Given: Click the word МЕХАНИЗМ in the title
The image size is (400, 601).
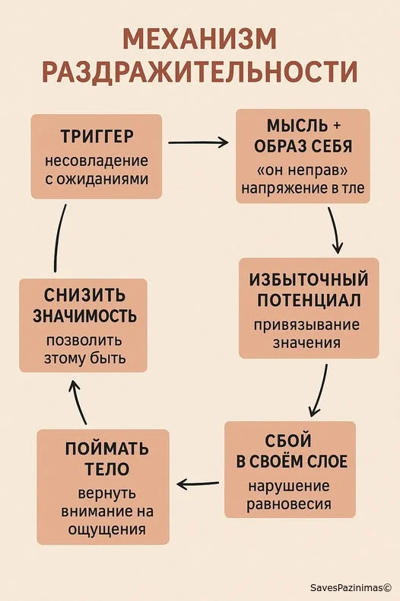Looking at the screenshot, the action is click(x=199, y=39).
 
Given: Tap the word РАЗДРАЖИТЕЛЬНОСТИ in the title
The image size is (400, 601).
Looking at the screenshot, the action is click(x=199, y=72).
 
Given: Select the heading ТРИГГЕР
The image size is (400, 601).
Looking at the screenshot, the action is click(x=97, y=136).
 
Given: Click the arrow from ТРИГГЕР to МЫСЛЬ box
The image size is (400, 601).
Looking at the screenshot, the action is click(x=198, y=142).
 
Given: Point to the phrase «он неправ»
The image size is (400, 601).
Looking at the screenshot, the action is click(x=303, y=170).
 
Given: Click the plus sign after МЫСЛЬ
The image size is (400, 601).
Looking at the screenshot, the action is click(x=337, y=126).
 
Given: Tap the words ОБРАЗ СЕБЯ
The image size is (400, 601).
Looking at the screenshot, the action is click(x=303, y=146).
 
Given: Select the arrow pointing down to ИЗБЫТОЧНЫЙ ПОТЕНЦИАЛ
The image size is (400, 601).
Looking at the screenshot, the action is click(x=334, y=230).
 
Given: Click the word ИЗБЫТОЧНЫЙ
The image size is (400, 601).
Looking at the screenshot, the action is click(x=309, y=279).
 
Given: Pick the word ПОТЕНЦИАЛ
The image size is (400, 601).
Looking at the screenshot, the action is click(x=309, y=300).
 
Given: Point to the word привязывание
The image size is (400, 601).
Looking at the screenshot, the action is click(x=306, y=325).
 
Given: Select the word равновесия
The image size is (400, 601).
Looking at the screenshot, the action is click(x=289, y=503).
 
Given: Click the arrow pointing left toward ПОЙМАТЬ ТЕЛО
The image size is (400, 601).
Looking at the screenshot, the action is click(x=198, y=484).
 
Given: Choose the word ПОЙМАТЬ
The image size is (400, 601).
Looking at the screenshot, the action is click(x=106, y=449).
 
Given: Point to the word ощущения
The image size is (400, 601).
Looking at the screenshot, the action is click(x=106, y=529).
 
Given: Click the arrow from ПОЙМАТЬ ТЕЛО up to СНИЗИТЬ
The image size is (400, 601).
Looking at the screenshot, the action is click(x=78, y=402).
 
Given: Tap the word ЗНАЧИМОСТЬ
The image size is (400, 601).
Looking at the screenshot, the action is click(x=84, y=316).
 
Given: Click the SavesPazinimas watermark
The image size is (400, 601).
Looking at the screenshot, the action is click(x=351, y=587).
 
